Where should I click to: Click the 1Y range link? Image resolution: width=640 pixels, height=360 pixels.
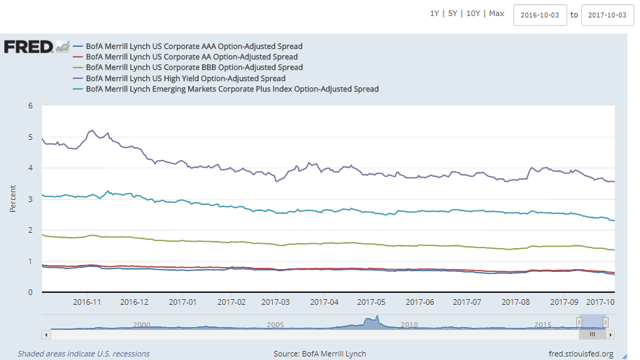click(434, 13)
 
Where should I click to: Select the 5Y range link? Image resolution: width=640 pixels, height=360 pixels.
click(453, 13)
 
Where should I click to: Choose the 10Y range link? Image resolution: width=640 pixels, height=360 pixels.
click(474, 13)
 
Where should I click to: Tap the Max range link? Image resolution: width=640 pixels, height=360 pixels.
click(497, 13)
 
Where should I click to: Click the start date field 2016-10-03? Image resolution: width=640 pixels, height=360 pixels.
click(540, 15)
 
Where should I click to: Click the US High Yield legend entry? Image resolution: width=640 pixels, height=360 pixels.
click(185, 78)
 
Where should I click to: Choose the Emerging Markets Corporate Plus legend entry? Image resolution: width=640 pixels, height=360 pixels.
click(232, 89)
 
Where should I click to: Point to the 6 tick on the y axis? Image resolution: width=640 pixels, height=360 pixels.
click(30, 106)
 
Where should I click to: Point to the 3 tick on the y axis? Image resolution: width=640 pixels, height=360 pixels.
click(30, 199)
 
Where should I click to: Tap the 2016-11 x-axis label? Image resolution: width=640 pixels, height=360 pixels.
click(87, 302)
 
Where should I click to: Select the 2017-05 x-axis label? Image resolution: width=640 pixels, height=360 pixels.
click(371, 302)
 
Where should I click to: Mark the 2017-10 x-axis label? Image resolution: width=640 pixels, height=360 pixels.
click(599, 302)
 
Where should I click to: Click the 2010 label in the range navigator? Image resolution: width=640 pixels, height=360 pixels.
click(408, 325)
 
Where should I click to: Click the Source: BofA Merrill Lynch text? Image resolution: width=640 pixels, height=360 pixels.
click(320, 354)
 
